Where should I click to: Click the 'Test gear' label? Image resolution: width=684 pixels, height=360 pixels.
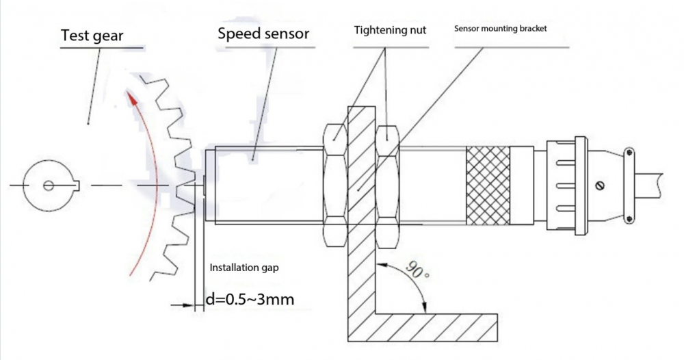coord(92,35)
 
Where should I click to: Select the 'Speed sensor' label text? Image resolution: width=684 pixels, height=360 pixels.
coord(263,33)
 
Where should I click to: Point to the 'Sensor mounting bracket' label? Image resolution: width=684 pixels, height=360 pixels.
coord(501,29)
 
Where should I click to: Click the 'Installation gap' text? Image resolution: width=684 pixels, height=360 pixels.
coord(244,268)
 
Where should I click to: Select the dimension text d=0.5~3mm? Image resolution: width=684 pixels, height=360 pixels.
coord(251,299)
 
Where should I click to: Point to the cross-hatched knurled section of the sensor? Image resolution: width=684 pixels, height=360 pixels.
coord(488,185)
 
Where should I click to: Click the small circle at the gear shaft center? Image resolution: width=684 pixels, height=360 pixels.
coord(47,185)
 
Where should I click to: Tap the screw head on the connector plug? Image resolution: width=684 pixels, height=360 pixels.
coord(601,185)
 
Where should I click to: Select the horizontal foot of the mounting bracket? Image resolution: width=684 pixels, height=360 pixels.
coord(438,328)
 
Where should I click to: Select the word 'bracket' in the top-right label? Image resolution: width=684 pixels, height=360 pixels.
coord(534,29)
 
